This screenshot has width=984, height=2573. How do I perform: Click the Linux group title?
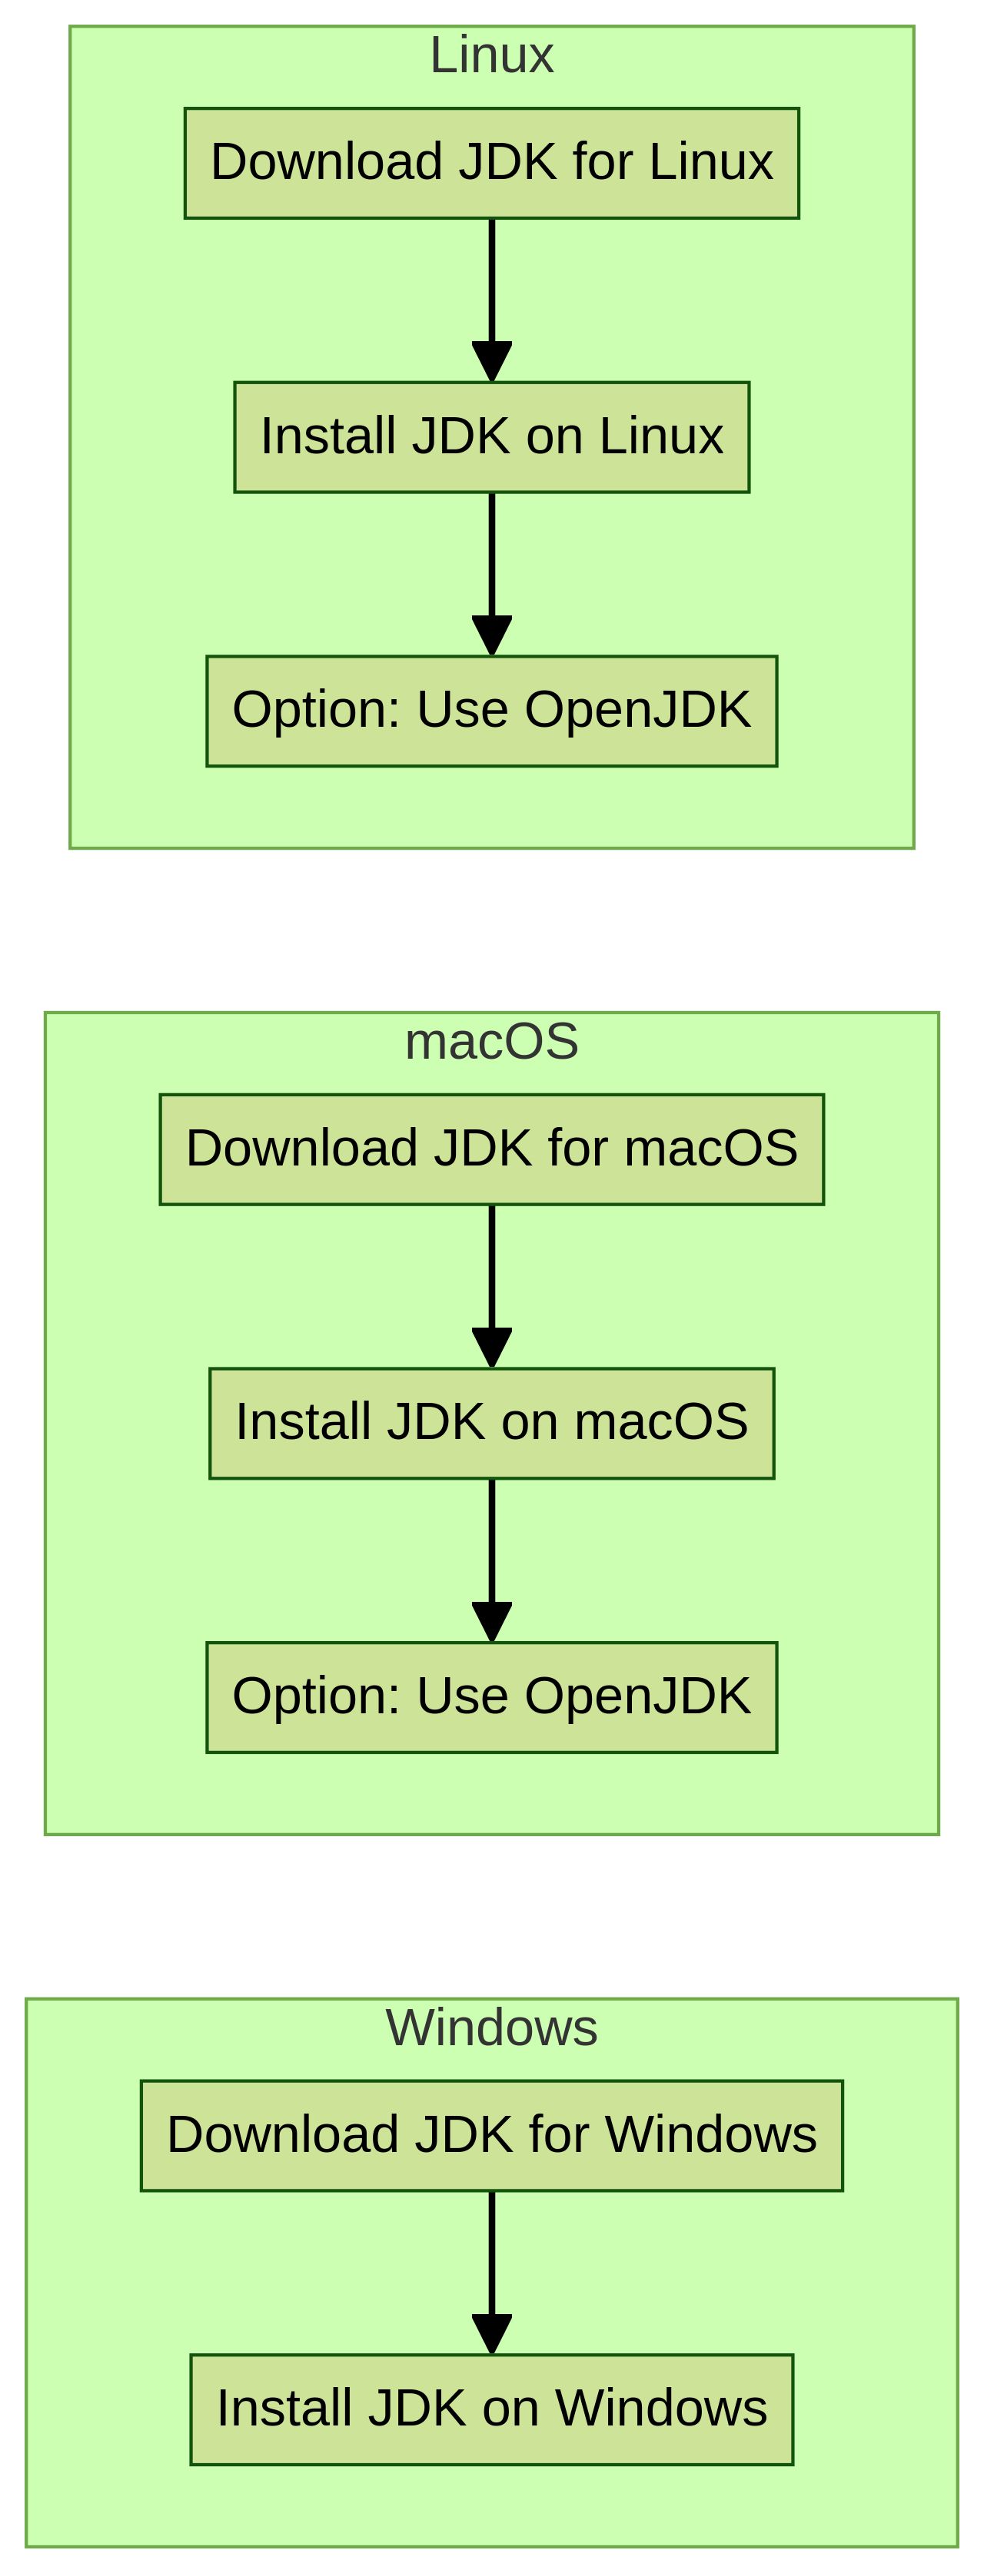pyautogui.click(x=490, y=56)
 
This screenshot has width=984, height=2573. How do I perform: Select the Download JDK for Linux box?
pyautogui.click(x=490, y=163)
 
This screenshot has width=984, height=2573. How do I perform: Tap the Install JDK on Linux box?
pyautogui.click(x=490, y=436)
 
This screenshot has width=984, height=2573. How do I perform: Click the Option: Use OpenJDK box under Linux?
pyautogui.click(x=490, y=711)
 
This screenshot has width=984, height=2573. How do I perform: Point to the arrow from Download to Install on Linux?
pyautogui.click(x=490, y=300)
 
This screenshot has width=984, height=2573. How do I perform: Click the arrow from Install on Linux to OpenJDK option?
pyautogui.click(x=490, y=575)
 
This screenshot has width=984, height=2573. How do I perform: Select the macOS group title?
pyautogui.click(x=490, y=1042)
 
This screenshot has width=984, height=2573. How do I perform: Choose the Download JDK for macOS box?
pyautogui.click(x=490, y=1149)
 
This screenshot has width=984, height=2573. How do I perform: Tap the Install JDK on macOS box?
pyautogui.click(x=490, y=1422)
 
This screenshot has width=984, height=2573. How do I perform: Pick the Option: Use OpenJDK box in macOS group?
pyautogui.click(x=490, y=1697)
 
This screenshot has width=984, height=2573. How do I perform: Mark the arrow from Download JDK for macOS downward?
pyautogui.click(x=490, y=1285)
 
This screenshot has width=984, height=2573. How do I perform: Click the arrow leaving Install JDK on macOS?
pyautogui.click(x=490, y=1560)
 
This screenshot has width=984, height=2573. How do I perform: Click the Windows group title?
pyautogui.click(x=490, y=2028)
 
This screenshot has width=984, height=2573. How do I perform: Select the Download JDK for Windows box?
pyautogui.click(x=490, y=2136)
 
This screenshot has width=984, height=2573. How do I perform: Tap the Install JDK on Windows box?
pyautogui.click(x=490, y=2409)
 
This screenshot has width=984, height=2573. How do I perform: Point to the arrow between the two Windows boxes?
pyautogui.click(x=490, y=2273)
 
